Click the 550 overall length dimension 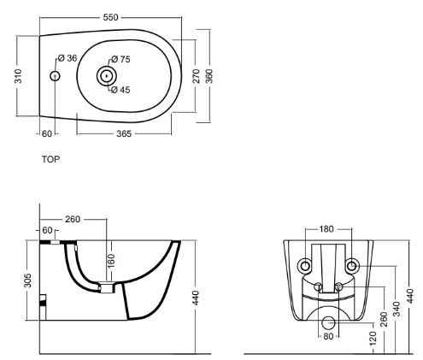pyautogui.click(x=110, y=17)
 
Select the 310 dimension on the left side pyautogui.click(x=18, y=76)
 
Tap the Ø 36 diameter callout pyautogui.click(x=68, y=58)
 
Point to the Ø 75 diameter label pyautogui.click(x=120, y=59)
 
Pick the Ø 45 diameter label pyautogui.click(x=120, y=90)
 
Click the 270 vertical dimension pyautogui.click(x=197, y=76)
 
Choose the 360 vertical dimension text pyautogui.click(x=209, y=76)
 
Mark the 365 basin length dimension pyautogui.click(x=124, y=133)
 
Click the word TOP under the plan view pyautogui.click(x=51, y=159)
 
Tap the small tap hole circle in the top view pyautogui.click(x=55, y=76)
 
